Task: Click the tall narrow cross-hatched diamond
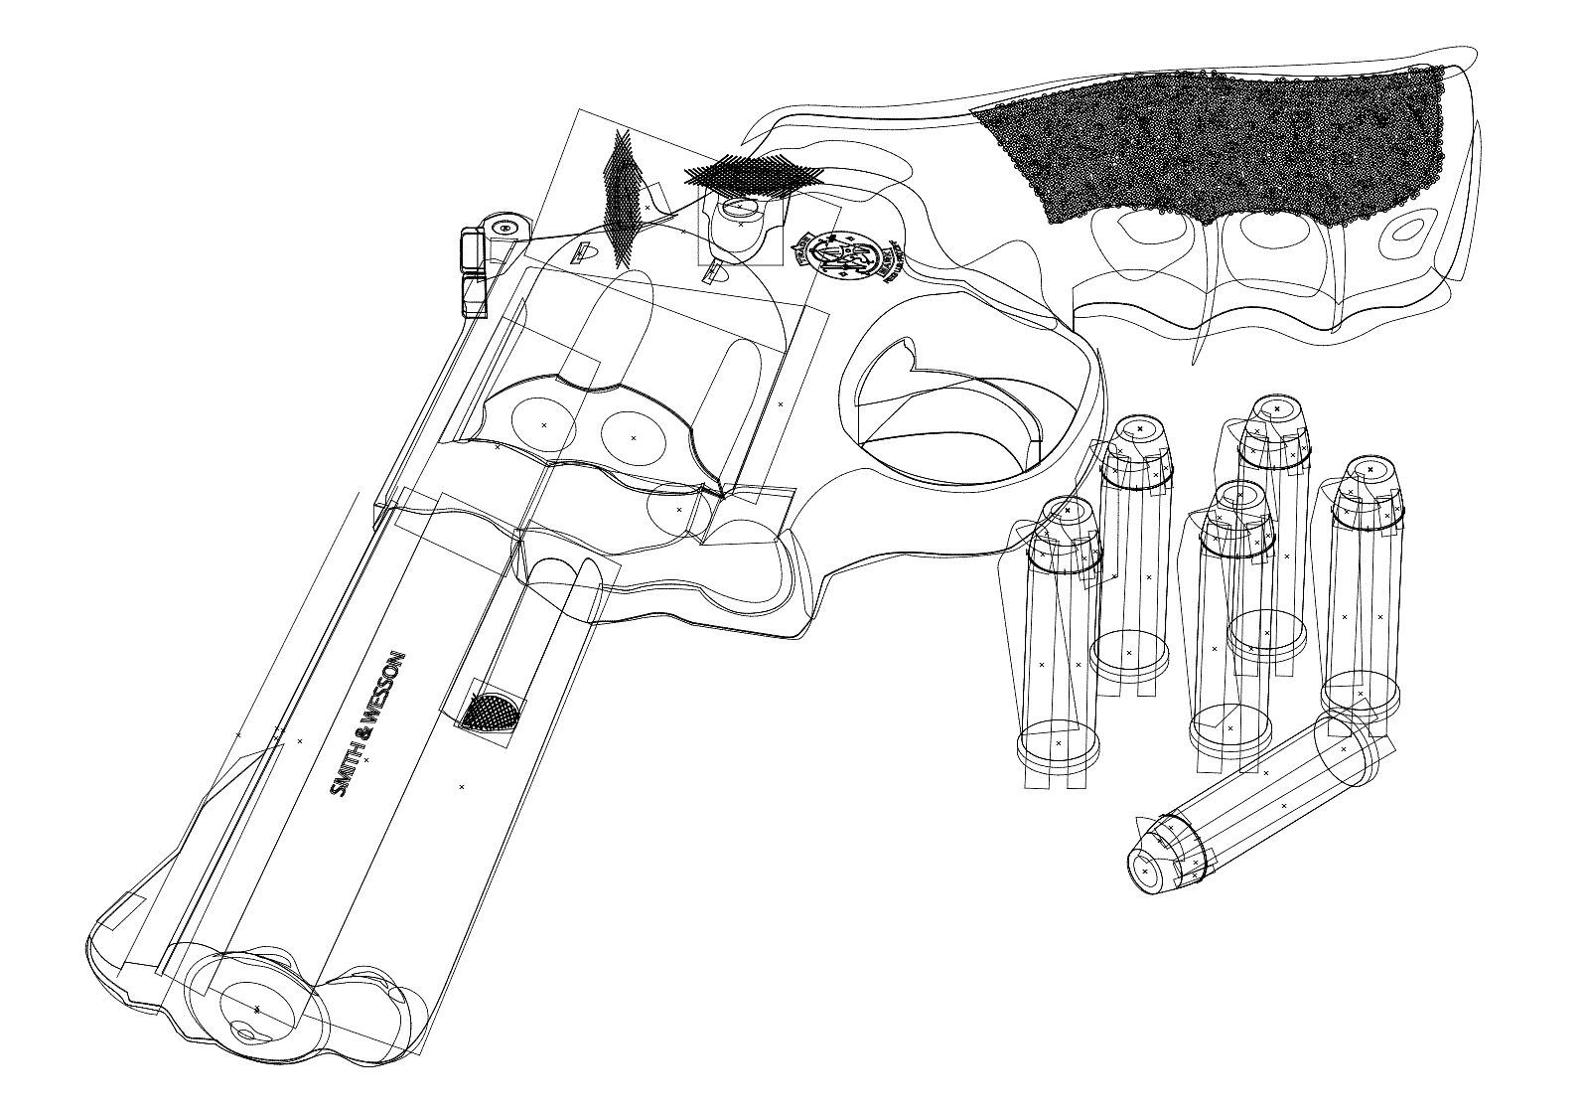(623, 199)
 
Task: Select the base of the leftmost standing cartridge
(1058, 745)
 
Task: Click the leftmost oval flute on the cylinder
(542, 423)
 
